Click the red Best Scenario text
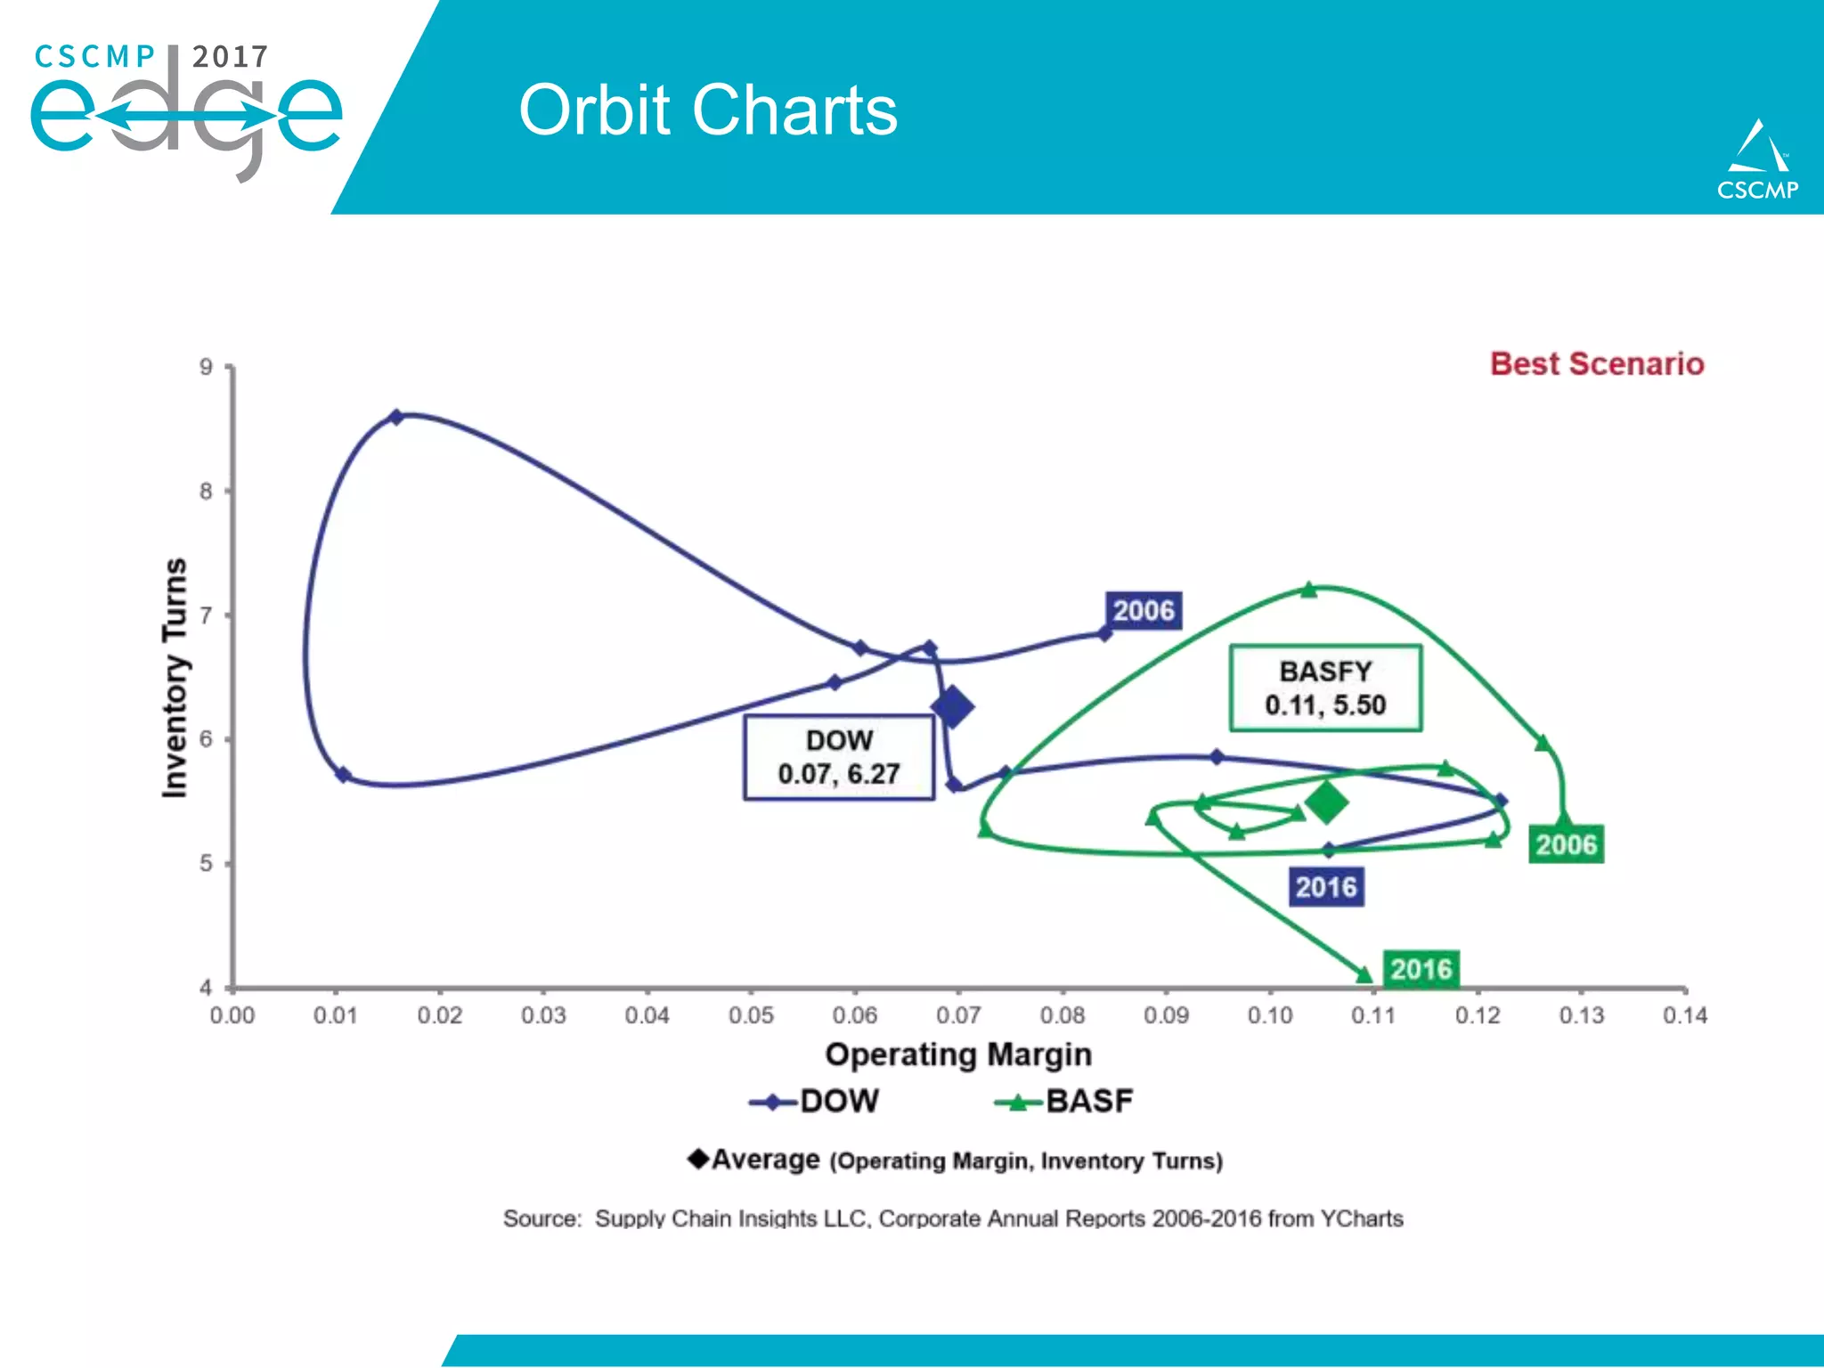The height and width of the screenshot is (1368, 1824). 1596,363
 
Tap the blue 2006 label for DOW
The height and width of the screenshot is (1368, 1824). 1144,611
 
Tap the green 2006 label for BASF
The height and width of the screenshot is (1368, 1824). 1566,844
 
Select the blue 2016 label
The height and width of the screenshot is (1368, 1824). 1326,887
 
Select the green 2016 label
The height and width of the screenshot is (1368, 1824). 1421,969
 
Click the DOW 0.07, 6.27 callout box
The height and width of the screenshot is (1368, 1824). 839,757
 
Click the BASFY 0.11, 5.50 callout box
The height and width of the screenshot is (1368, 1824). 1325,688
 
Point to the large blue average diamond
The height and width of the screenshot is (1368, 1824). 952,707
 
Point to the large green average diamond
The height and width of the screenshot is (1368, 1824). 1326,802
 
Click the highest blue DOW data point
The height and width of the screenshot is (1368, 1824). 397,417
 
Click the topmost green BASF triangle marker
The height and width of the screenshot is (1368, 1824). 1308,590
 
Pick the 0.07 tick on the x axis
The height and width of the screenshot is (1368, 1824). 958,1015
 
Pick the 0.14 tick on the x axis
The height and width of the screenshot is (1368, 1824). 1684,1015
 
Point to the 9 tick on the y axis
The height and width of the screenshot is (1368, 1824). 207,367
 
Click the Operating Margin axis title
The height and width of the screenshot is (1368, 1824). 958,1054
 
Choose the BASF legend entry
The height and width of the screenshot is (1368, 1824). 1064,1102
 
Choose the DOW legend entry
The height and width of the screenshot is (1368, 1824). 814,1102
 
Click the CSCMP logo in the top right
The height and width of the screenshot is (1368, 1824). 1757,160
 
